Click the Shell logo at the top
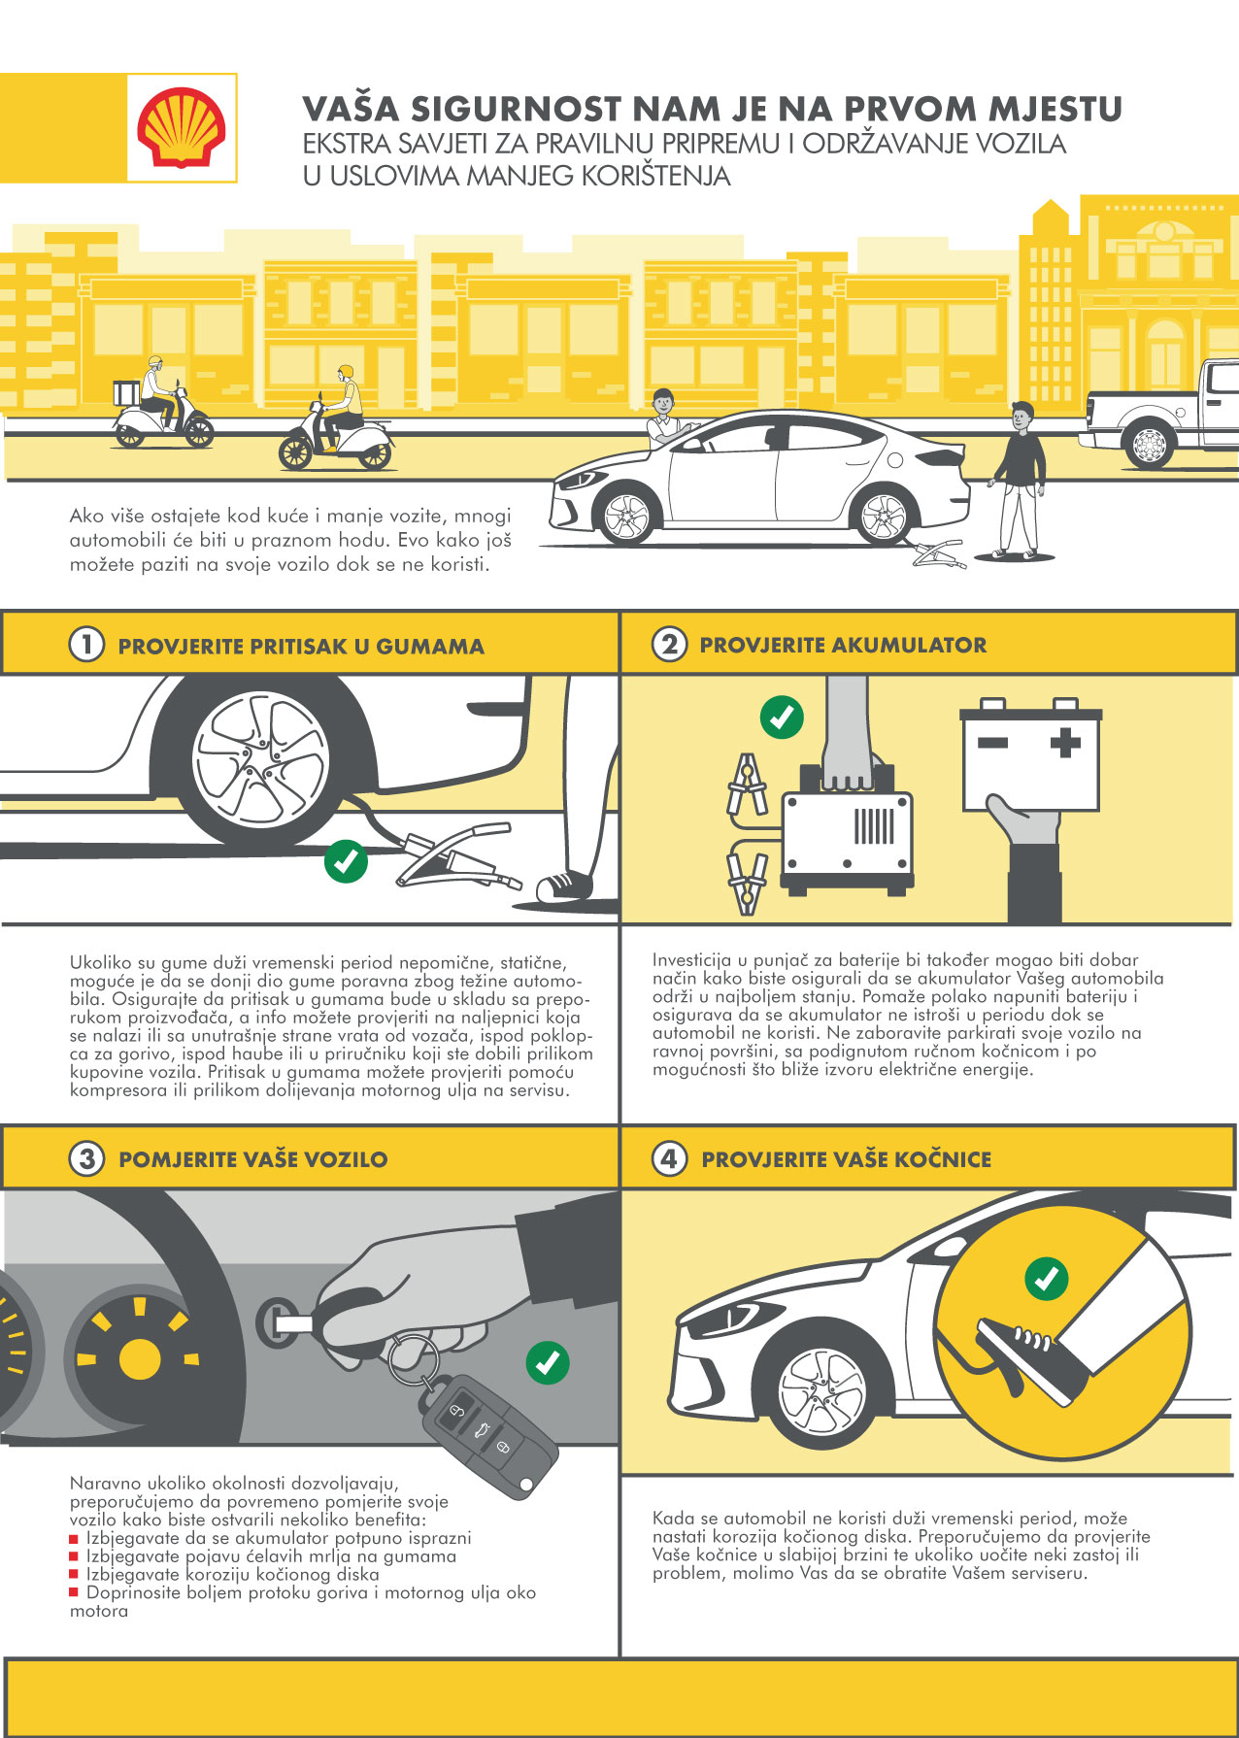182,127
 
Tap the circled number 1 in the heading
86,645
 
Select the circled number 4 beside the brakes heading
669,1158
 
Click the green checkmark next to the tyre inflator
346,860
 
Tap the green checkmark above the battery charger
782,718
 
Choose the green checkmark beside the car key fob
548,1362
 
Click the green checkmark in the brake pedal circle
1047,1279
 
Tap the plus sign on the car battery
1065,744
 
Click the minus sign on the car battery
992,744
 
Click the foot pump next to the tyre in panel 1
454,855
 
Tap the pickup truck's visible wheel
1149,445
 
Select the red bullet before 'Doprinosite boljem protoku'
74,1592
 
